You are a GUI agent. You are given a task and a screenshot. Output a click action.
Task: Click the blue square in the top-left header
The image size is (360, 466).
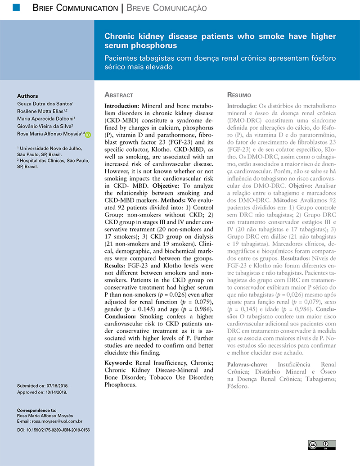click(16, 7)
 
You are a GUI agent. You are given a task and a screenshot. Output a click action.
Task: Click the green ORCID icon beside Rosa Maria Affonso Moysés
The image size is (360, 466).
click(88, 134)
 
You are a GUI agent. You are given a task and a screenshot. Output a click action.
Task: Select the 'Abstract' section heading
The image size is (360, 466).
click(118, 95)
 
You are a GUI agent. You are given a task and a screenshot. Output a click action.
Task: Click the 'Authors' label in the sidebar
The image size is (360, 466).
click(27, 96)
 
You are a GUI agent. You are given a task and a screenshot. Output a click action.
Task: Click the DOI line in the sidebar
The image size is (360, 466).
click(53, 430)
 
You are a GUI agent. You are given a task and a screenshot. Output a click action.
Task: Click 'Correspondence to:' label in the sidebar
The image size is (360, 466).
click(36, 411)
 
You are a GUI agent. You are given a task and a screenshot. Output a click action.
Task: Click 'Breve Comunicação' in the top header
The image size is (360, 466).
click(166, 8)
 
